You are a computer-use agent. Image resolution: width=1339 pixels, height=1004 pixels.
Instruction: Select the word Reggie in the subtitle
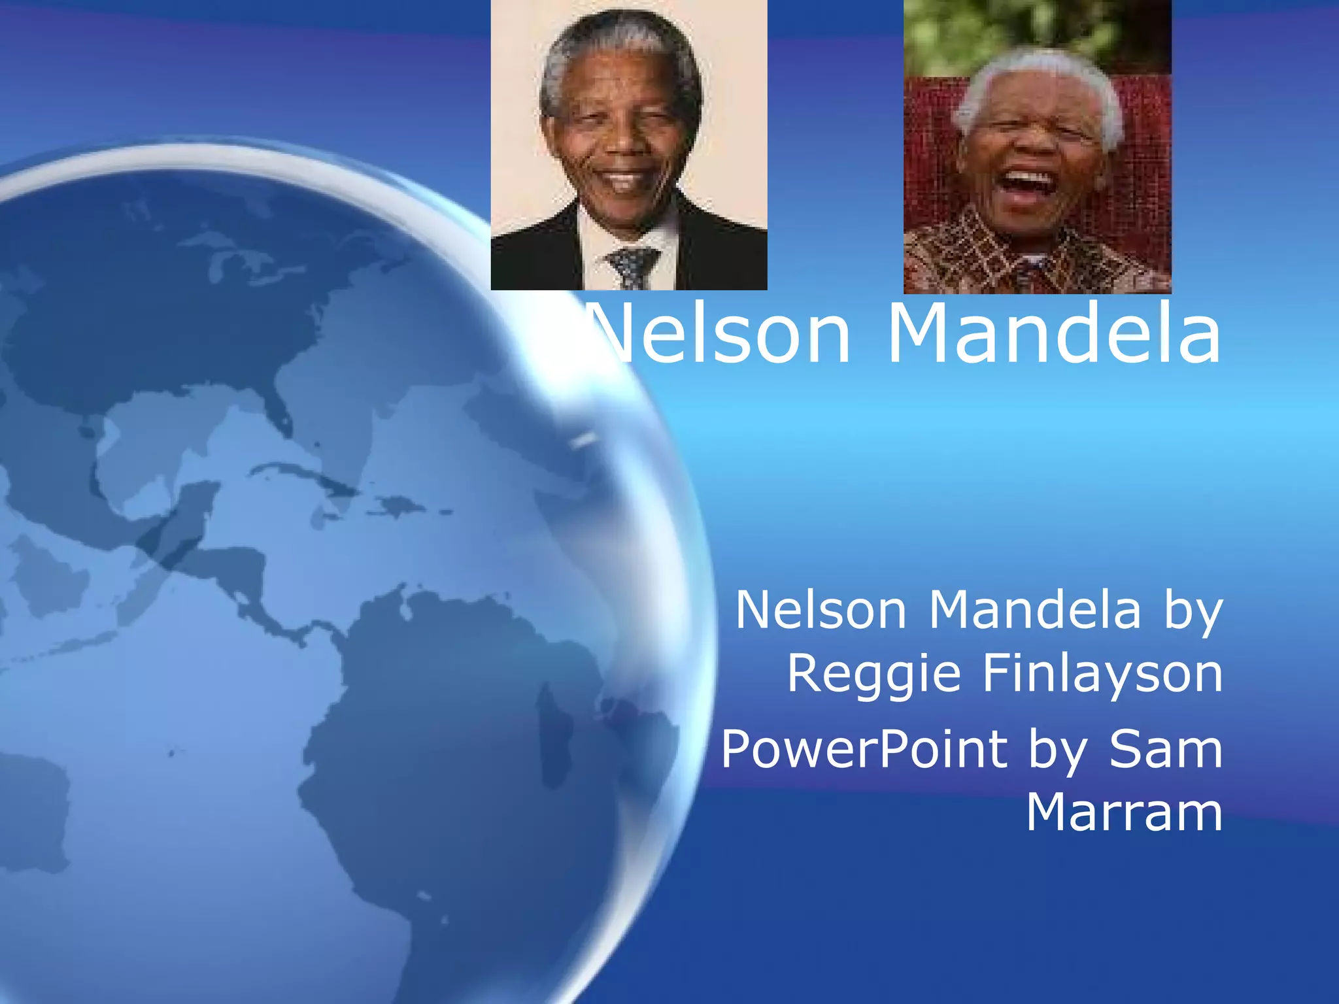[873, 673]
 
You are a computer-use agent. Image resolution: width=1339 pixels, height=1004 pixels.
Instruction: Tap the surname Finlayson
[1102, 673]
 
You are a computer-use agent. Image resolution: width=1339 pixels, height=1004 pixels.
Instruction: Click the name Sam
[1165, 749]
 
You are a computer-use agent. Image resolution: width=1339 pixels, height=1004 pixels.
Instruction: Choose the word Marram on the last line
[1123, 812]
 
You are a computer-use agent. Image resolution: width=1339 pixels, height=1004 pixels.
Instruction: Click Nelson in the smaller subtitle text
[821, 611]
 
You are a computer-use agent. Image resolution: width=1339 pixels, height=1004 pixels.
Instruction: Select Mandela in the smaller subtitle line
[1034, 611]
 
